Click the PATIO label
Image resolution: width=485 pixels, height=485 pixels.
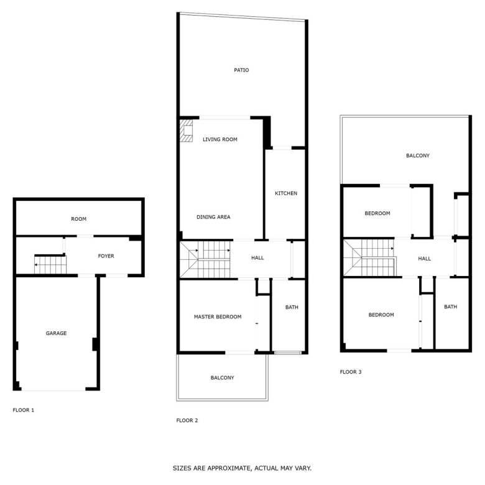241,70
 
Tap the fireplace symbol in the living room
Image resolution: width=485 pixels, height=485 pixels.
186,131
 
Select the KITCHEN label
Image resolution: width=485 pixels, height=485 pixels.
286,193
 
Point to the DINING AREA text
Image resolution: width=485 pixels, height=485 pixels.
213,217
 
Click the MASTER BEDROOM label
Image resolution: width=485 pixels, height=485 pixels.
218,316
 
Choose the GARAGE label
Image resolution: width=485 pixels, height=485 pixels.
57,333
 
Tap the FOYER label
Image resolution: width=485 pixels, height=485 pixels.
106,256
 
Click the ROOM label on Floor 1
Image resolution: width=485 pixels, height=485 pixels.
79,219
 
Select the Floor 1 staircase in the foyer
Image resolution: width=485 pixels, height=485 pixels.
50,264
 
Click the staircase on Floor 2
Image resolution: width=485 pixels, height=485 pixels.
205,259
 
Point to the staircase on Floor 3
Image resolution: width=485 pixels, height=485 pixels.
370,257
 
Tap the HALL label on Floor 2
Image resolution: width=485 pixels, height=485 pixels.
257,257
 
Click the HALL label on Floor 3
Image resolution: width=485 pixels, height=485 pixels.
424,259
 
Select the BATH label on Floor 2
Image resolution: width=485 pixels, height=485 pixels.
292,307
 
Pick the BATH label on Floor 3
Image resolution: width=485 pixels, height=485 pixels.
450,307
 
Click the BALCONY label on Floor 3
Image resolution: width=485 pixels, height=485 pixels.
418,155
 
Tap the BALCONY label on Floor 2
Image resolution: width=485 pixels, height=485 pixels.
223,377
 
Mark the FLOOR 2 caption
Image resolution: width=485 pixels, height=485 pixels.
187,420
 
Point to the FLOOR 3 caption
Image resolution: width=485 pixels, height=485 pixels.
351,372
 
